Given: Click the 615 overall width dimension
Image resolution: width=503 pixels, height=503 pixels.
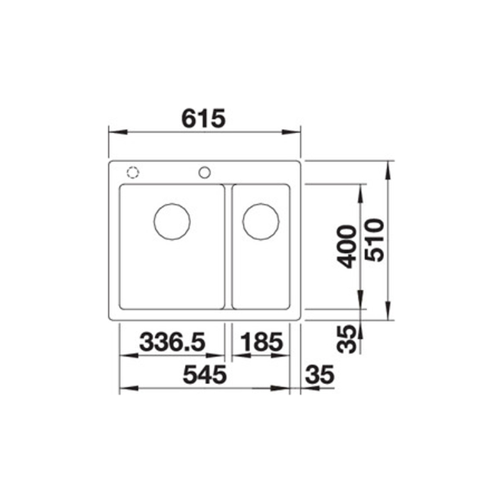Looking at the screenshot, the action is coord(203,118).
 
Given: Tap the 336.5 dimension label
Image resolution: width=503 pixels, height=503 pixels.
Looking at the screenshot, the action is coord(172,341).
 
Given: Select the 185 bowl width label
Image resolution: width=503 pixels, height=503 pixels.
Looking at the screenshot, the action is coord(262,341).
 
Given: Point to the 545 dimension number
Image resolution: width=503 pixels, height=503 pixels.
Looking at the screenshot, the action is coord(205,375).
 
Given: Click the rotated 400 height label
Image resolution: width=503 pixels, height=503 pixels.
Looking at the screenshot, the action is coord(348,246).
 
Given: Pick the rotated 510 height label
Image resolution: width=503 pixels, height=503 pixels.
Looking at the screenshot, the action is coord(375,240).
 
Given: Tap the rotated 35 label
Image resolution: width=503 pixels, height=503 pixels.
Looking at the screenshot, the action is coord(348,339).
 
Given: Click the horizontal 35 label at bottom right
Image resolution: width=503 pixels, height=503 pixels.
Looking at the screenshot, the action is coord(320,375).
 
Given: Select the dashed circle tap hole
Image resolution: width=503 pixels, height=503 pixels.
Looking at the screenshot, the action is coord(133,172).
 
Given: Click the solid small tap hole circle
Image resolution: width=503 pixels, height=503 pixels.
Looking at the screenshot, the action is coord(205,172).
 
